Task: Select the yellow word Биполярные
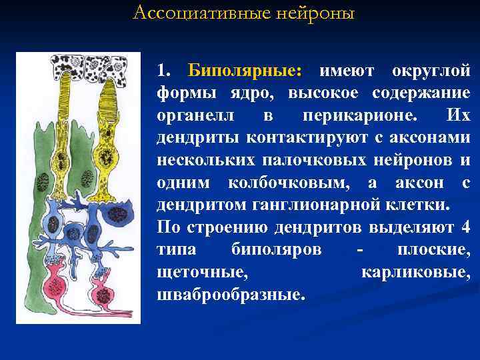(x=245, y=70)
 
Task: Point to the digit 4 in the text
(x=465, y=227)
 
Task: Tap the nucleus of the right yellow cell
(x=105, y=158)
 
